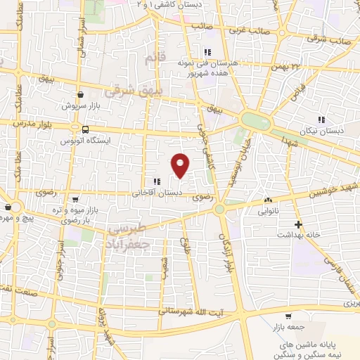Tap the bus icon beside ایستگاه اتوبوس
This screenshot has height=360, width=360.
click(x=85, y=129)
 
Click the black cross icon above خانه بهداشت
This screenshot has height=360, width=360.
click(x=298, y=225)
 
